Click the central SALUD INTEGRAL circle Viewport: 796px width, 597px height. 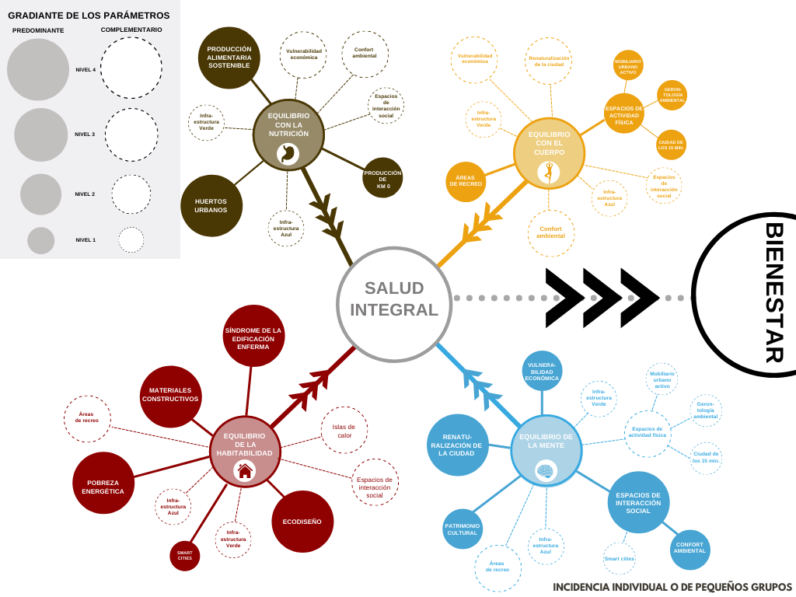[394, 304]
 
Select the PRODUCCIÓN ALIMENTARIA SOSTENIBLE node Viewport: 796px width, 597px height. [229, 58]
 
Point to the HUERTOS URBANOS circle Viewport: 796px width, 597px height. [211, 205]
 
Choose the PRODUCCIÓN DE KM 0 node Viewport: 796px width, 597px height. [382, 178]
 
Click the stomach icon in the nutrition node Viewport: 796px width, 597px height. [288, 153]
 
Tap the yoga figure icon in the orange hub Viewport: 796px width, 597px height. [548, 172]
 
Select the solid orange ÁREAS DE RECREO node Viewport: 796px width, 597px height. [465, 182]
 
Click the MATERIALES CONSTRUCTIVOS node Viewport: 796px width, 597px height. [170, 396]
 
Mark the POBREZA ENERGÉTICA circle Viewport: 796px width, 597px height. [103, 483]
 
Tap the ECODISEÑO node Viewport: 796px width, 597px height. [302, 521]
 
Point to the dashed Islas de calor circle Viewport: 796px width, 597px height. [344, 430]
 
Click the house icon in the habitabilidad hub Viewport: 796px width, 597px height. [245, 470]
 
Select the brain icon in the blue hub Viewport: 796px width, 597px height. [546, 470]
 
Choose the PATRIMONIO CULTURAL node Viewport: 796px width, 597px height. [463, 529]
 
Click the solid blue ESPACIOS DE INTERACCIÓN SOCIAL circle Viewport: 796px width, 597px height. [638, 502]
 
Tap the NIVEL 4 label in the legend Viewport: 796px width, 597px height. [86, 70]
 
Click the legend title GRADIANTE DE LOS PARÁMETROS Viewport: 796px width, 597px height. [89, 16]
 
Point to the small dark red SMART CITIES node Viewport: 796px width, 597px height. [185, 555]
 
